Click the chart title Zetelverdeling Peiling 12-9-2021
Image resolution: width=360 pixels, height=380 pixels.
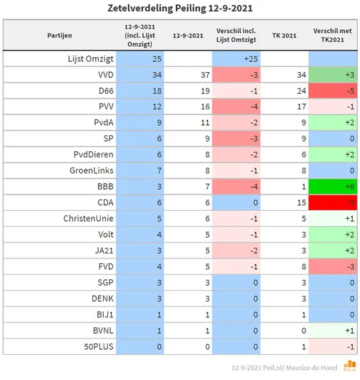[x=180, y=8]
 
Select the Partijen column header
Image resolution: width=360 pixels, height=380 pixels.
[x=59, y=34]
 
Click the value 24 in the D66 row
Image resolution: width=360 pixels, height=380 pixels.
[x=286, y=89]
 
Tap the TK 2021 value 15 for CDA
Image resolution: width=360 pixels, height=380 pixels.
[x=286, y=201]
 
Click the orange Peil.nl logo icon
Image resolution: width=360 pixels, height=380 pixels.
[x=350, y=366]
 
